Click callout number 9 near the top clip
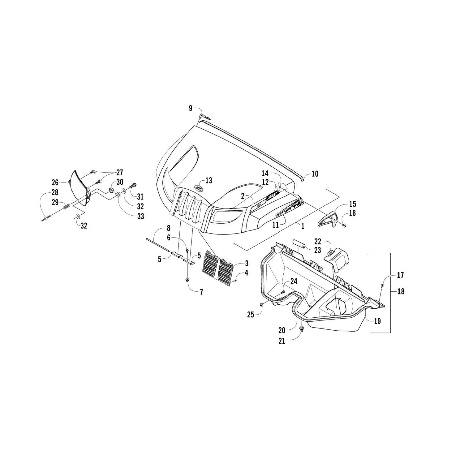point(191,108)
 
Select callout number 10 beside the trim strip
point(315,174)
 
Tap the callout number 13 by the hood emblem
point(209,180)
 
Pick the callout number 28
point(55,193)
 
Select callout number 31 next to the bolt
point(140,197)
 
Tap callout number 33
point(140,216)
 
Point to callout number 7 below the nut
point(201,292)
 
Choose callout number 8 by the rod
point(168,229)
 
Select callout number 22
point(318,241)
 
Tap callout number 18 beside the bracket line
point(400,291)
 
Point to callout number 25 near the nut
point(250,314)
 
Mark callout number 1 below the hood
point(303,226)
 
